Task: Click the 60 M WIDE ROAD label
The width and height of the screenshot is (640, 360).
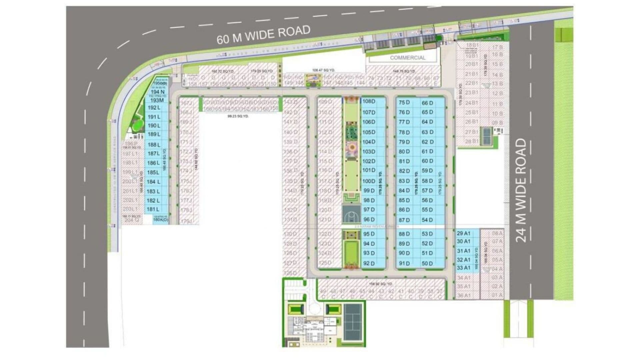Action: click(263, 35)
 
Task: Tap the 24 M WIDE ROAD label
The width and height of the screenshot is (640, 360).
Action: click(521, 190)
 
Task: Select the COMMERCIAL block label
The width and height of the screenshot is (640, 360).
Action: click(408, 58)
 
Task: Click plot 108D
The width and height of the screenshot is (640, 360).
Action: click(369, 101)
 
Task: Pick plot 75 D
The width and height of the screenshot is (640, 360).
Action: click(404, 103)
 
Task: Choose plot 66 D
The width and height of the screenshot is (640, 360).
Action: click(427, 103)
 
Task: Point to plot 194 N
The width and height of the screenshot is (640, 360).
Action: click(157, 92)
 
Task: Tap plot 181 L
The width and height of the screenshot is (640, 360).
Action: click(153, 209)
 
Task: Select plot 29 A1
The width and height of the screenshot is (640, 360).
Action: click(464, 233)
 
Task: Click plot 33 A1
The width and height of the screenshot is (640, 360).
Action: click(464, 268)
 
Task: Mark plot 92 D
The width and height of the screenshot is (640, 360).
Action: click(369, 263)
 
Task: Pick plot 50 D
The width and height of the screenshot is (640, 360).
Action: click(427, 263)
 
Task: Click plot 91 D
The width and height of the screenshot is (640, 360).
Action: click(404, 263)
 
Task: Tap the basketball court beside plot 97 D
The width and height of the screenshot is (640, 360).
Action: click(351, 214)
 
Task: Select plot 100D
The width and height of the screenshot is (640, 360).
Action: click(369, 181)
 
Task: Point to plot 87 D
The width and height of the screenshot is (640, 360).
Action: click(404, 220)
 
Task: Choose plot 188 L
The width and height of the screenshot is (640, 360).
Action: click(154, 145)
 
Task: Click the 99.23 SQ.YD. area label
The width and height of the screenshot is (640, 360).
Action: click(238, 116)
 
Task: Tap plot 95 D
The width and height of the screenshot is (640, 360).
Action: click(369, 234)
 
